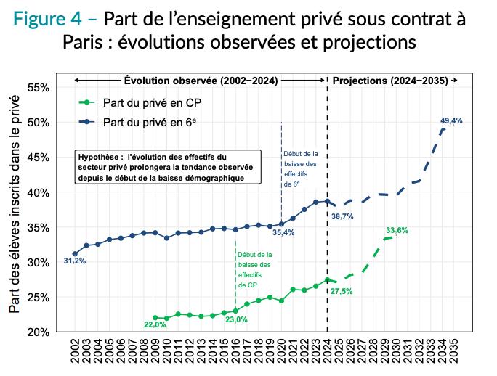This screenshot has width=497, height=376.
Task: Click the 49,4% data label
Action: coord(452,120)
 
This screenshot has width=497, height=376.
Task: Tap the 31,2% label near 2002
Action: coord(74,261)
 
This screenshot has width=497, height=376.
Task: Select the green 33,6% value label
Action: coord(397,230)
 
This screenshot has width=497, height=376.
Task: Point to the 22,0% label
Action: coord(155,324)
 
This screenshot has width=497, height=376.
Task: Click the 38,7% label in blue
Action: coord(343,216)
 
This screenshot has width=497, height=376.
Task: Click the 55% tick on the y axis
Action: coord(38,88)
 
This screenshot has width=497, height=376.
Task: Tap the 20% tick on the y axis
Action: coord(38,332)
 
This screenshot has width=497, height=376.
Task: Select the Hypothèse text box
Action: coord(167,167)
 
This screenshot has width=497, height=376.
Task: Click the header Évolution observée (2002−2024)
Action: coord(201,79)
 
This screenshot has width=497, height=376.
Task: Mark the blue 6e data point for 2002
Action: coord(75,254)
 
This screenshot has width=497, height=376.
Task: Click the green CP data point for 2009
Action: coord(155,318)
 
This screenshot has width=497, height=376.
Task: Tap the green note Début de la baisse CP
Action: coord(254,270)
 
